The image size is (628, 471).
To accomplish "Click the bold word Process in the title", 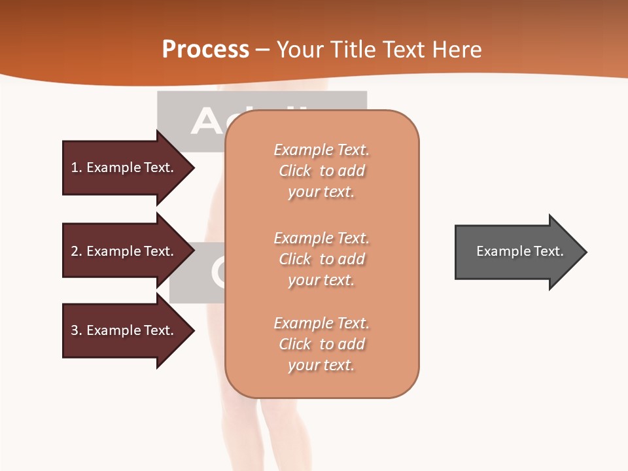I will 205,50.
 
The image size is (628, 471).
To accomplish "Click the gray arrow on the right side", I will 510,252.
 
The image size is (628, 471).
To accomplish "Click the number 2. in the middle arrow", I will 76,251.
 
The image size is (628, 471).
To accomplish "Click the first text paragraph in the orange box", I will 321,171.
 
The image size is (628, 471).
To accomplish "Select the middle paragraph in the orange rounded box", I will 321,259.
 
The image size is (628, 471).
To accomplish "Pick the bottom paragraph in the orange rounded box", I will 321,344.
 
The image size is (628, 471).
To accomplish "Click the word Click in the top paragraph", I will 295,171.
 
